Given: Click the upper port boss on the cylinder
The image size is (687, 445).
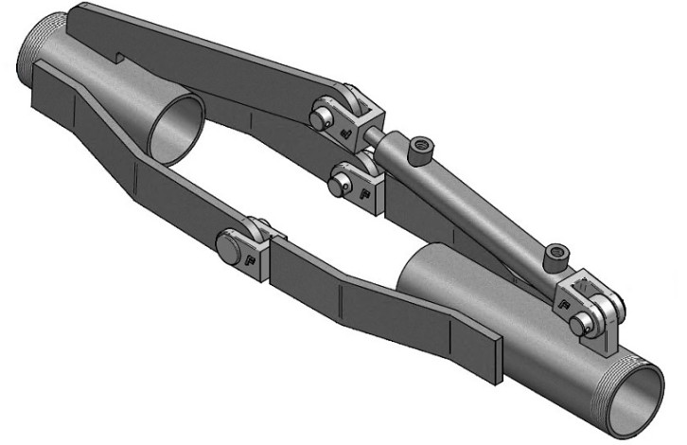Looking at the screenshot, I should (x=419, y=148).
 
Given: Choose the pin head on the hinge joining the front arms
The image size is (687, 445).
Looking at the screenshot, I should (x=229, y=249).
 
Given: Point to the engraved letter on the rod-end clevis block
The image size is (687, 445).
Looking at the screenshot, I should (x=349, y=135).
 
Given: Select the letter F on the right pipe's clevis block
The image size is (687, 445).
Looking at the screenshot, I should (x=565, y=305).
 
